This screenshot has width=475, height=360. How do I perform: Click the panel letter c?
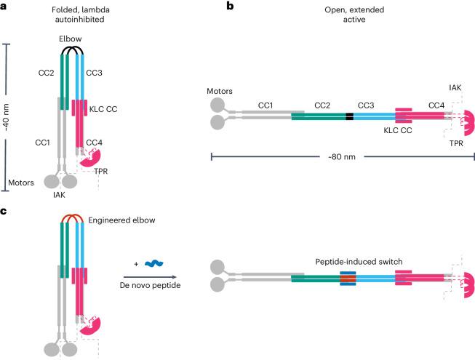pyautogui.click(x=4, y=212)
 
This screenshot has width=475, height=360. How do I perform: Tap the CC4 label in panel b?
pyautogui.click(x=437, y=105)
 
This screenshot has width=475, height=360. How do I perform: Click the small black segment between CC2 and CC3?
pyautogui.click(x=350, y=116)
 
